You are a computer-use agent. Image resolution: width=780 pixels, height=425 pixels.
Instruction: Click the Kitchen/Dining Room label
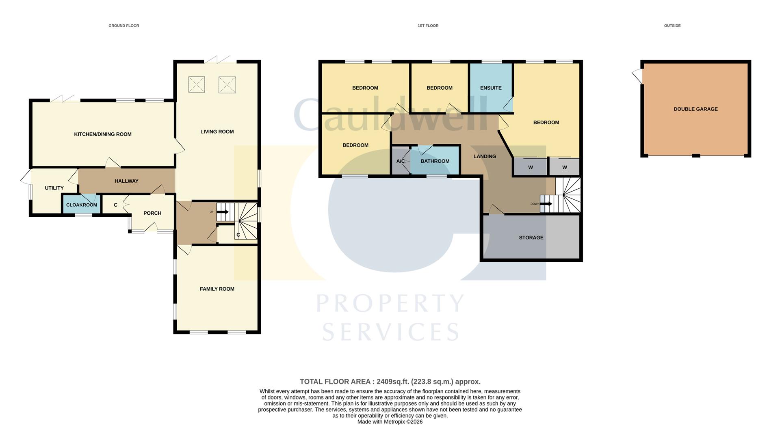(102, 134)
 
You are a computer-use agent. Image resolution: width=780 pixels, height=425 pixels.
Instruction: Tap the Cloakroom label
(82, 205)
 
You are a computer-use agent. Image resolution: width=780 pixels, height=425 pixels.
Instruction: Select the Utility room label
(54, 188)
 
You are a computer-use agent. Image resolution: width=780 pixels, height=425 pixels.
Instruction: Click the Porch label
(152, 213)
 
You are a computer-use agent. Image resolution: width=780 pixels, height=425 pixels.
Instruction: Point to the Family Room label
(217, 289)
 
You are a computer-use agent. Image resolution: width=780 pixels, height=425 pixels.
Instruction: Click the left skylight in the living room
(197, 85)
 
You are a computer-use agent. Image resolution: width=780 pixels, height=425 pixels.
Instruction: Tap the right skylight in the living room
(227, 85)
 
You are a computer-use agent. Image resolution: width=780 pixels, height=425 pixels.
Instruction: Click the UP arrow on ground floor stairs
(223, 212)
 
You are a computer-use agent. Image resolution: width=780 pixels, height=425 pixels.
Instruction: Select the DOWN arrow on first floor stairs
(546, 204)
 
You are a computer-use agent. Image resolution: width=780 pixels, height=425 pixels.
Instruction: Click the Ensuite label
(491, 88)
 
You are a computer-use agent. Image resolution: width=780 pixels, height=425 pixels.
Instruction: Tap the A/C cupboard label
(400, 161)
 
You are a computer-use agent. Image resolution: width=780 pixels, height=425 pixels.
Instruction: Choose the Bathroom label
(435, 161)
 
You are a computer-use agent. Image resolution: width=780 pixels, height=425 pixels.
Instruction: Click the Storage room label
(531, 237)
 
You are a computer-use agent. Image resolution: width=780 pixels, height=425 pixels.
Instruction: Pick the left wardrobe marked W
(530, 167)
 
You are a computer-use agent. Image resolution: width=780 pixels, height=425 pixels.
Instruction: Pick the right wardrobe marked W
(564, 167)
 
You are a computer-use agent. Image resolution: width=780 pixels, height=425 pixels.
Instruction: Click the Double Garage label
(695, 109)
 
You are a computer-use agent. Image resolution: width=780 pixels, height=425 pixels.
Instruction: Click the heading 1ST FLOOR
(428, 26)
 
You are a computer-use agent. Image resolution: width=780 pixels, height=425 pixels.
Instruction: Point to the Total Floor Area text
(390, 382)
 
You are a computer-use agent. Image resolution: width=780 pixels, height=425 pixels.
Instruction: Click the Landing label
(485, 156)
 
